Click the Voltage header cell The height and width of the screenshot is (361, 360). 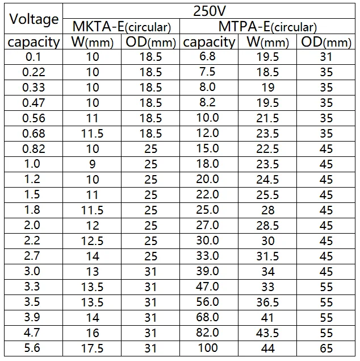[x=34, y=19]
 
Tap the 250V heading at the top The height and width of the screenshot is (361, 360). [x=209, y=11]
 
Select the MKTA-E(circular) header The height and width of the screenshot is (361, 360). [x=122, y=27]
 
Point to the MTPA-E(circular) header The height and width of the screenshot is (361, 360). [x=267, y=27]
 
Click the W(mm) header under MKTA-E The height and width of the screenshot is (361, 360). [x=93, y=42]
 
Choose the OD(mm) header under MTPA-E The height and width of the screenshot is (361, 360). [x=326, y=42]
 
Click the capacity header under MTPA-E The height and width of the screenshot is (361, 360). [x=209, y=43]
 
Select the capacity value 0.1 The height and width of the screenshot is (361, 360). [x=34, y=57]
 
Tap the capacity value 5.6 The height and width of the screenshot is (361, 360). [x=32, y=348]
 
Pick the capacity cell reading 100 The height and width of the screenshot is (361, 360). [x=208, y=348]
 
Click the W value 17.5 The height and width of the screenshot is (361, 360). [x=92, y=348]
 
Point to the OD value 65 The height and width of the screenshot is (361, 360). [x=326, y=348]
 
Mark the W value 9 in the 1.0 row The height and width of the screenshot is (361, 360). [x=92, y=164]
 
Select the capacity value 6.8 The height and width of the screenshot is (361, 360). [x=207, y=56]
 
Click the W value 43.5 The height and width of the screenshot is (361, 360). [x=267, y=333]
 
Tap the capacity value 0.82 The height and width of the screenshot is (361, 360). [x=34, y=149]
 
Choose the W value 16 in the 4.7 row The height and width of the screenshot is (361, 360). [x=93, y=333]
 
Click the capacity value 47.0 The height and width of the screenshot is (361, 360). [x=207, y=287]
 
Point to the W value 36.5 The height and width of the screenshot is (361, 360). [x=267, y=302]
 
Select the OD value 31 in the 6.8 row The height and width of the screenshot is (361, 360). [x=326, y=57]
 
